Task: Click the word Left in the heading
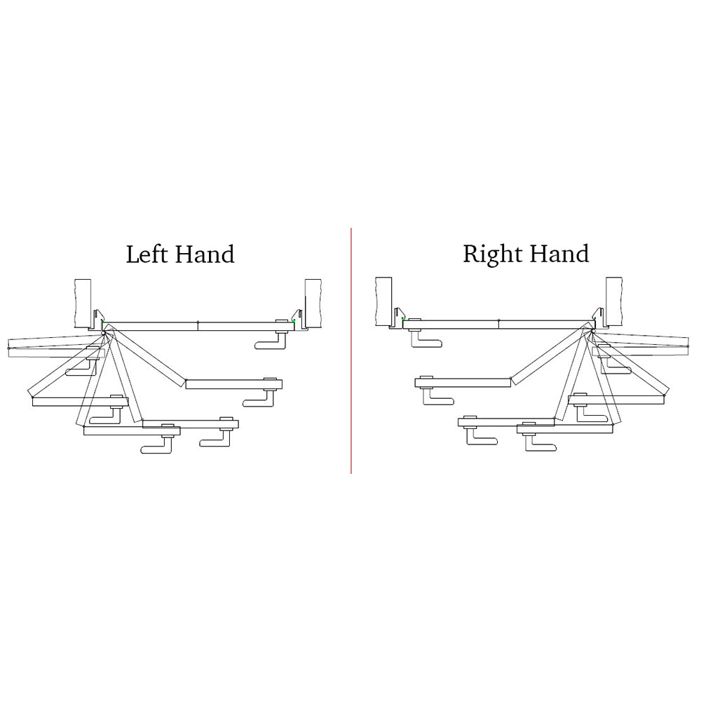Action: point(147,254)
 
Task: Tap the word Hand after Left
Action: point(205,254)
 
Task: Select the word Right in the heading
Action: point(493,255)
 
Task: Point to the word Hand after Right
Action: point(559,254)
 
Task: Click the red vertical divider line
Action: point(351,350)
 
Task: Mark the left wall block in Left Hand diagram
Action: point(83,304)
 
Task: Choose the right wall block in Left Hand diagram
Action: point(313,304)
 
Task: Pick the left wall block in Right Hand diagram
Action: point(383,301)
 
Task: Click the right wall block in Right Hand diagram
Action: point(614,301)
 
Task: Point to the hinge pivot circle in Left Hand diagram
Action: point(103,332)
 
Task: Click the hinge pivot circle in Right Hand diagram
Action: point(593,331)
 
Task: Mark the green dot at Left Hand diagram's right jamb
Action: point(294,320)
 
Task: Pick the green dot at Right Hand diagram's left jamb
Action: point(403,319)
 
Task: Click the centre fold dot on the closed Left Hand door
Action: point(198,322)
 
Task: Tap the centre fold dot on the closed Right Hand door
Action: point(499,320)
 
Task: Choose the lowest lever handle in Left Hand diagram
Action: point(157,444)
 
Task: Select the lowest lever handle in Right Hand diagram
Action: point(541,442)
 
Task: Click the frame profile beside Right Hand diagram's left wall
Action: point(397,318)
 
